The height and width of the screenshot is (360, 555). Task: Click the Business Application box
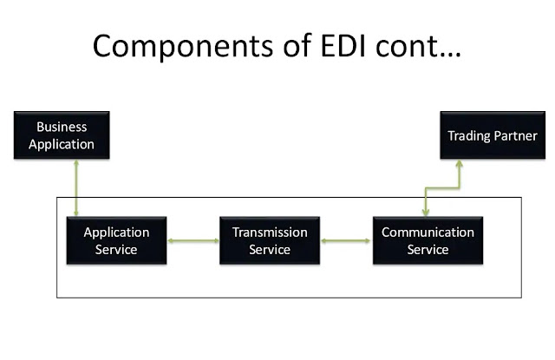pyautogui.click(x=61, y=135)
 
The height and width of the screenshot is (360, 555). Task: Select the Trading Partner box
pyautogui.click(x=492, y=135)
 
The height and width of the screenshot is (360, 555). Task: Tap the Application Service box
pyautogui.click(x=116, y=240)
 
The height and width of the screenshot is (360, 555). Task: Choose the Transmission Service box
pyautogui.click(x=270, y=240)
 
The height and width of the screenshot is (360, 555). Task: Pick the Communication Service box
pyautogui.click(x=428, y=240)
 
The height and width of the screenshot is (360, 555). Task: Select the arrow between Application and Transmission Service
pyautogui.click(x=193, y=240)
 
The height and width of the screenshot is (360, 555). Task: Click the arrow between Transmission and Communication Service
pyautogui.click(x=346, y=240)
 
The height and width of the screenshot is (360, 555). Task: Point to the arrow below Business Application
pyautogui.click(x=77, y=187)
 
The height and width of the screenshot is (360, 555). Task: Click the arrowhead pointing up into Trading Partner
pyautogui.click(x=460, y=165)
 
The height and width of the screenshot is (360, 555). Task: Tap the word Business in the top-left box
pyautogui.click(x=61, y=128)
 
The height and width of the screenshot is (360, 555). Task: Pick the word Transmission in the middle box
pyautogui.click(x=270, y=232)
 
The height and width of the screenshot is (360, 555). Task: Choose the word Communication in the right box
pyautogui.click(x=428, y=232)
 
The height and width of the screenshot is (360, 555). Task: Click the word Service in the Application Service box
pyautogui.click(x=116, y=250)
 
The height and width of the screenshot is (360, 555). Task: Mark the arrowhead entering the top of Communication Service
pyautogui.click(x=425, y=212)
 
